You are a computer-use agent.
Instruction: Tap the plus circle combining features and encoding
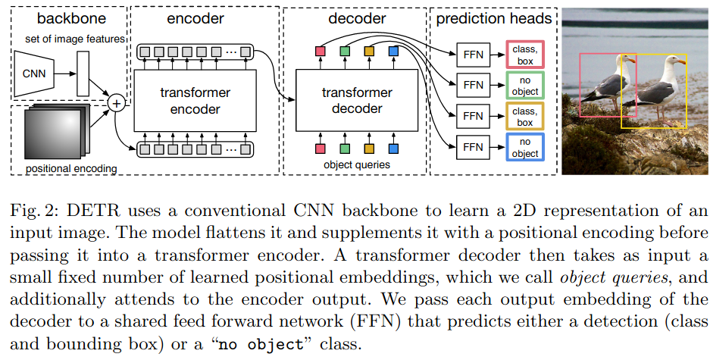click(x=117, y=102)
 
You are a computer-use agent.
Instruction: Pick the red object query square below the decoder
click(x=320, y=149)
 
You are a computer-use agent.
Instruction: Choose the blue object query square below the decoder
click(x=393, y=149)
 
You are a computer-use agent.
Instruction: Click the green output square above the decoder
click(x=345, y=52)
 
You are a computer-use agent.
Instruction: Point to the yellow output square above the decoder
click(x=369, y=52)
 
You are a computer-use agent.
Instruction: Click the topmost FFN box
click(x=472, y=54)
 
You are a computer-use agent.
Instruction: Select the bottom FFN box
click(x=472, y=146)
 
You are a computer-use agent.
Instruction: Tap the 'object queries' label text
click(x=355, y=164)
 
